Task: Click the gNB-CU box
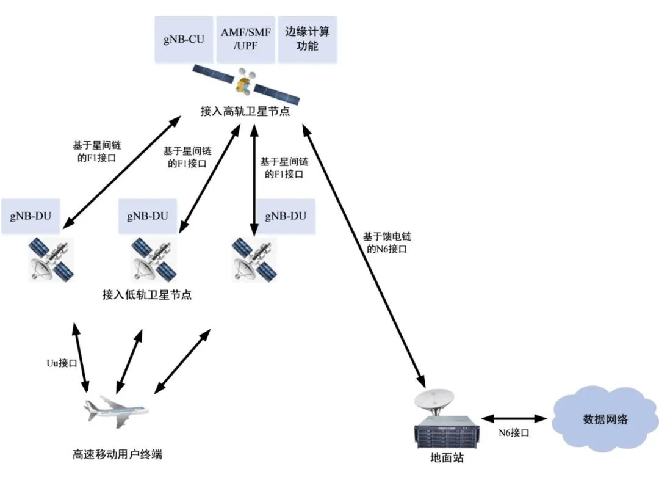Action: (184, 40)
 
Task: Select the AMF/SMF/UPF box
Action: (245, 40)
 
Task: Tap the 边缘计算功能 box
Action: (308, 40)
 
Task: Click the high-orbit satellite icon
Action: (246, 84)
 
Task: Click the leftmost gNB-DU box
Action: (31, 217)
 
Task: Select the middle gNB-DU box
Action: (148, 217)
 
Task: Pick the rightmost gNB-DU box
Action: (286, 217)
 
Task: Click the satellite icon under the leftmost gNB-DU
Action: (52, 259)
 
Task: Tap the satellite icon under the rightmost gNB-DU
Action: (254, 259)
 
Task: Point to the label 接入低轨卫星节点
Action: (147, 295)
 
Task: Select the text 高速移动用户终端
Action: (117, 454)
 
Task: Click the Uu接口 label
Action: (62, 363)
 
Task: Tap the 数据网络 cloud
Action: (605, 419)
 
